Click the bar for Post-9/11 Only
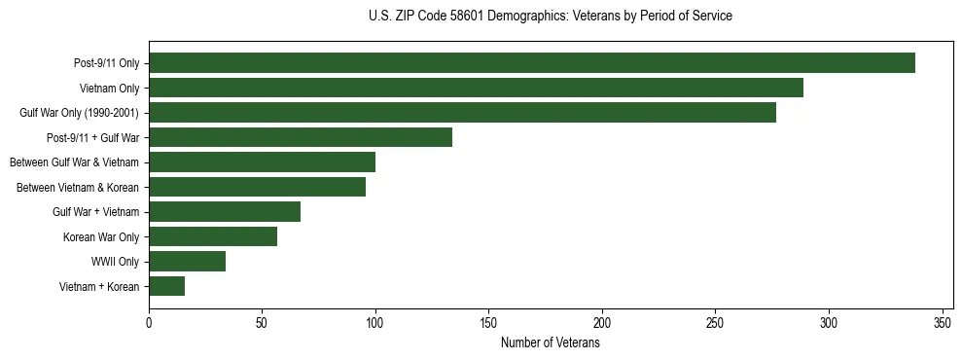click(x=531, y=63)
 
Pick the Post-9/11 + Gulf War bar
click(x=301, y=137)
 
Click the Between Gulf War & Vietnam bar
click(x=262, y=162)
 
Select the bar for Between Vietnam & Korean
click(x=257, y=187)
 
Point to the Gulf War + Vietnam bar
click(x=225, y=212)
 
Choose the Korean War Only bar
click(x=213, y=236)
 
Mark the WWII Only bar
click(x=188, y=262)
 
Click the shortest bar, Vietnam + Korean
click(x=167, y=286)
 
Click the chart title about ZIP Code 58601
click(x=551, y=17)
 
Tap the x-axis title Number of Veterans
click(x=551, y=343)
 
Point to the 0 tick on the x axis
click(x=149, y=323)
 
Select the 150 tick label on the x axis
click(x=489, y=323)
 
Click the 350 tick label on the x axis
click(x=942, y=323)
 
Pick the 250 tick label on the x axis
click(x=715, y=323)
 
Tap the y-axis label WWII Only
click(x=115, y=262)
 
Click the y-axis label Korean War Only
click(x=101, y=236)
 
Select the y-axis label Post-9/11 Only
click(x=106, y=63)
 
